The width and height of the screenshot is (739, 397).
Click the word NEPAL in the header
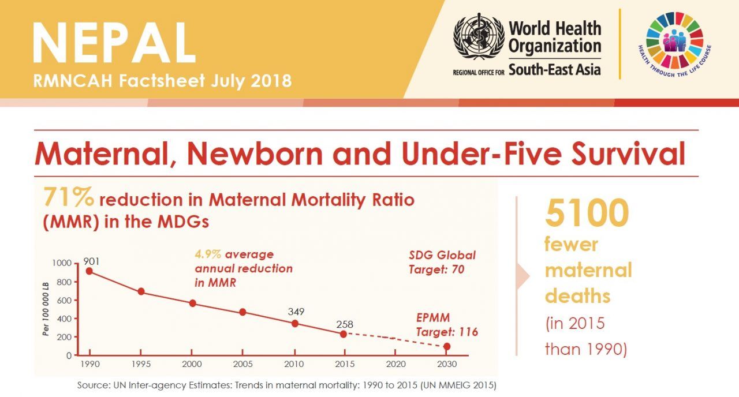click(x=114, y=43)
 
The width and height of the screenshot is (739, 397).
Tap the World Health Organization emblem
click(x=479, y=37)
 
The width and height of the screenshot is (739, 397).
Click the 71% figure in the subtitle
click(x=68, y=198)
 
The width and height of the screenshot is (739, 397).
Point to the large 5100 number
click(x=586, y=212)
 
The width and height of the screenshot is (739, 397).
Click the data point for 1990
click(x=89, y=271)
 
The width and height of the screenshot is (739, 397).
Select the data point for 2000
click(x=192, y=304)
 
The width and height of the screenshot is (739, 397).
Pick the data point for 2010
click(x=294, y=323)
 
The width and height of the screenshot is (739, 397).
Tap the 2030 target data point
click(x=447, y=347)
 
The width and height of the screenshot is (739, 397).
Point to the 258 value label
click(x=344, y=324)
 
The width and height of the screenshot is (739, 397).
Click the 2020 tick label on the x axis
click(x=395, y=364)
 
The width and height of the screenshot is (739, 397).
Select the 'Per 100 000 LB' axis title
click(x=46, y=308)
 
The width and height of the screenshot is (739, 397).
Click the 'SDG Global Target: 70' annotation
click(x=442, y=262)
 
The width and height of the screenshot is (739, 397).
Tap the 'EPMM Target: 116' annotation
click(x=447, y=325)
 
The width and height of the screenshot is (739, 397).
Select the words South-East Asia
click(x=554, y=70)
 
